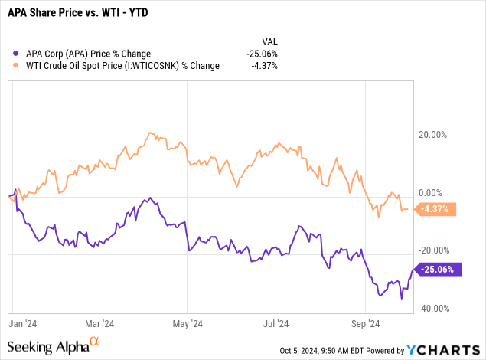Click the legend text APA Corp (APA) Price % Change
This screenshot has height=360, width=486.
88,54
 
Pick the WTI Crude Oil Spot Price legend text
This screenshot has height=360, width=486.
122,66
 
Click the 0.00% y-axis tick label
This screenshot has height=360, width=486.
431,193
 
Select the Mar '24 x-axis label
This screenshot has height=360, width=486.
99,324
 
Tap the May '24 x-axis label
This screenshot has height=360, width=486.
188,324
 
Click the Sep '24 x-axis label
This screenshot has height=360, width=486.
367,324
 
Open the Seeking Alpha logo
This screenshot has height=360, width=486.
55,346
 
